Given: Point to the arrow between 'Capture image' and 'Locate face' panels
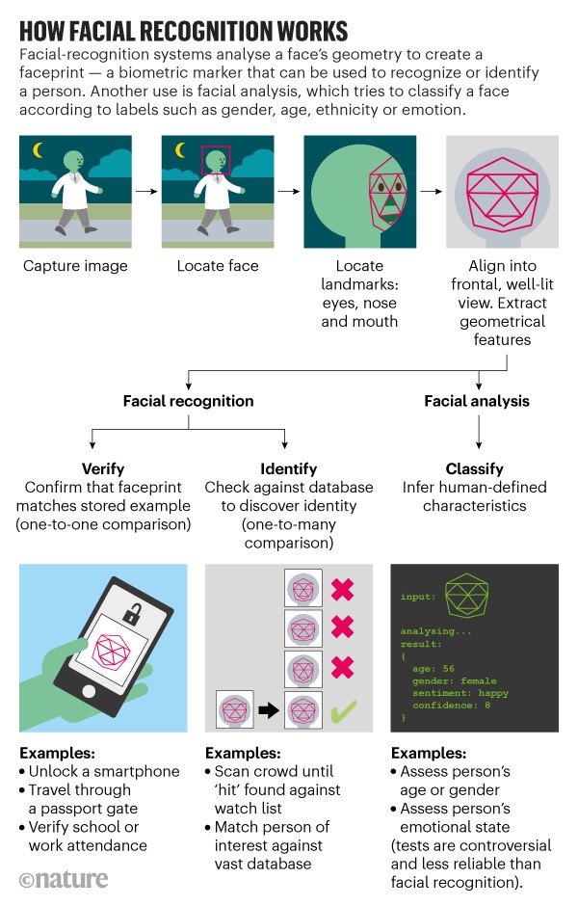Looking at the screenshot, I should tap(145, 191).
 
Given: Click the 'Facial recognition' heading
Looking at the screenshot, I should tap(188, 400).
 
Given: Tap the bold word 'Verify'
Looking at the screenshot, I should tap(103, 469).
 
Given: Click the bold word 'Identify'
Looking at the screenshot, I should tap(288, 469).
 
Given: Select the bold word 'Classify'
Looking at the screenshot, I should tap(475, 469).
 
